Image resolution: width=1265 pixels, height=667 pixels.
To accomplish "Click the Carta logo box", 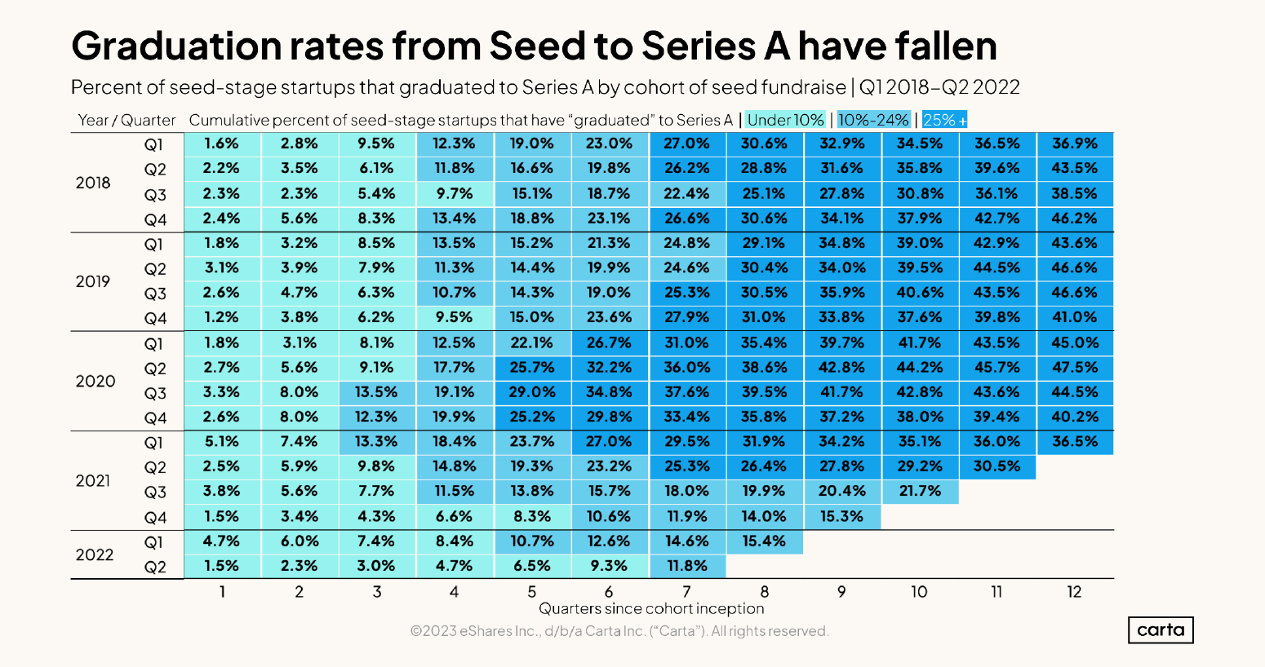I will (1161, 629).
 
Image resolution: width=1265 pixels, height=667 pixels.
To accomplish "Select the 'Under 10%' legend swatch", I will (785, 120).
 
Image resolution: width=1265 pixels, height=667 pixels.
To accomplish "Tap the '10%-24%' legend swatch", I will (873, 120).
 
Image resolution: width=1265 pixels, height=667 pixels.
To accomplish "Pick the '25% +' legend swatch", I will (944, 120).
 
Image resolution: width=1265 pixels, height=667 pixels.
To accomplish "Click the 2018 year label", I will (93, 183).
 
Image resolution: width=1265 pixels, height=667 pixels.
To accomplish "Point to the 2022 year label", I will (95, 554).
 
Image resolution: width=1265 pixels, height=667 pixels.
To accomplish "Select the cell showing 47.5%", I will (1075, 367).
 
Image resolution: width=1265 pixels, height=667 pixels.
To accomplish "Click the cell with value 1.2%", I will (221, 317).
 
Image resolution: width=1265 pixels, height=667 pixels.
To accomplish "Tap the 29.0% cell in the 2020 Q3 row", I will (531, 392).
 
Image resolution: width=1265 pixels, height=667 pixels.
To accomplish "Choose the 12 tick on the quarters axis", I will (1074, 592).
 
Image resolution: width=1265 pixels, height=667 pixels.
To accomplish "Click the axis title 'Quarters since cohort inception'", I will (651, 608).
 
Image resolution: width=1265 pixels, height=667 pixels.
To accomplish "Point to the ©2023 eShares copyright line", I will (619, 631).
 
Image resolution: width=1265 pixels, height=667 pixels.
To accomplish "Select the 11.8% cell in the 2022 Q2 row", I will (686, 566).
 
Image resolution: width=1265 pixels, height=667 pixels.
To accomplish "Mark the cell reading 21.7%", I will (919, 491).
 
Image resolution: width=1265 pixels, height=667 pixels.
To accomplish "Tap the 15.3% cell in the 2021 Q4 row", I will (841, 516).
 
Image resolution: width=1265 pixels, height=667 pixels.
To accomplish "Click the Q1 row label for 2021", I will (154, 443).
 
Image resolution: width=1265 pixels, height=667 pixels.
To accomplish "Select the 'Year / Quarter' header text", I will (126, 120).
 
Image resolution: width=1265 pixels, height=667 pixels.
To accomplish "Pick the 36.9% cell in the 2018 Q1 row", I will (1075, 144).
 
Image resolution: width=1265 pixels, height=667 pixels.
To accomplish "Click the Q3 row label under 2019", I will (155, 294).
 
